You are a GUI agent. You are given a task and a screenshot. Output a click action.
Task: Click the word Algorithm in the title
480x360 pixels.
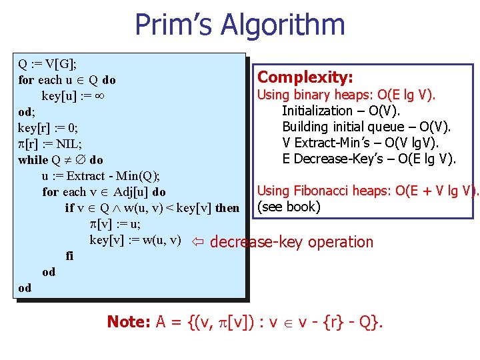287,25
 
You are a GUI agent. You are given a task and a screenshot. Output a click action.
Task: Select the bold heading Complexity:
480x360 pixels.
305,77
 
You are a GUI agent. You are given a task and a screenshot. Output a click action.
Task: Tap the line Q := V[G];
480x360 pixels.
47,64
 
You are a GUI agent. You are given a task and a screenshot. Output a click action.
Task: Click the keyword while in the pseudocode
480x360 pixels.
33,160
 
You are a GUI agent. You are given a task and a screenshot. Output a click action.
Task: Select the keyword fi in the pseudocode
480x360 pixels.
69,256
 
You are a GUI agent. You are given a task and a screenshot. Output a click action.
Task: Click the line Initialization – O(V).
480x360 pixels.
340,111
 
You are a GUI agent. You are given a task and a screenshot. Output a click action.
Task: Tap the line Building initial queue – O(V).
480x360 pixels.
366,127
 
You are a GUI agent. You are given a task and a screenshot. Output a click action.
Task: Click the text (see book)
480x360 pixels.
289,207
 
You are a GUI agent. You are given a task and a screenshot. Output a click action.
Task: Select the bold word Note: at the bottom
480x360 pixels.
129,322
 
